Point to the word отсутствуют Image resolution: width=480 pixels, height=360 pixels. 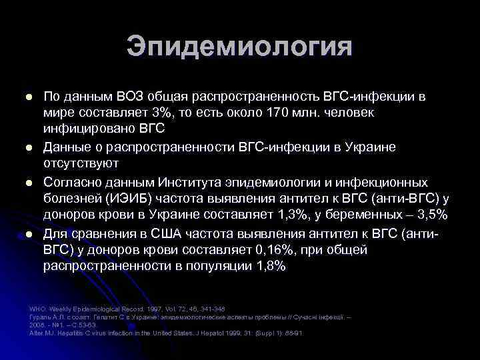81,163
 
